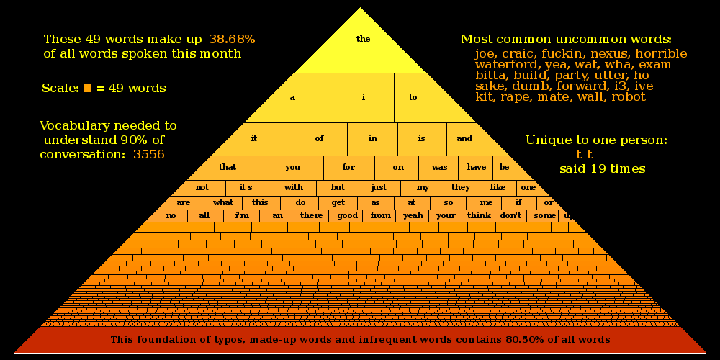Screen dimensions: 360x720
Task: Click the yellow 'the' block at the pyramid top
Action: [362, 40]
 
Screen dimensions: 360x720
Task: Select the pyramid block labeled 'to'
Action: [413, 97]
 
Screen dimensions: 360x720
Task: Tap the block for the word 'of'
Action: [320, 138]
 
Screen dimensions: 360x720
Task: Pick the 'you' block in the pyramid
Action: [292, 167]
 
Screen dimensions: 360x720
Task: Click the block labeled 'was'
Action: [439, 167]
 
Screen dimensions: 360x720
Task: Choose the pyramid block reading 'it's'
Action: [246, 187]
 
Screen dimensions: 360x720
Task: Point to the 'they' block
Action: [461, 187]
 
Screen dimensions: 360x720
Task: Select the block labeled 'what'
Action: [223, 202]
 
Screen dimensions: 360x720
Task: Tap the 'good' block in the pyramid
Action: [348, 215]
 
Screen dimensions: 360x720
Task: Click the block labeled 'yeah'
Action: [413, 215]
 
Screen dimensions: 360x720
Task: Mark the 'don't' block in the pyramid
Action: [510, 215]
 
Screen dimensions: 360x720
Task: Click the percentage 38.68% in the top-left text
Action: [232, 39]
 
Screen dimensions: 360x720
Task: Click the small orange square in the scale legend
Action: [88, 89]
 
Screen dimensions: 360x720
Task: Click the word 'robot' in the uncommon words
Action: [629, 96]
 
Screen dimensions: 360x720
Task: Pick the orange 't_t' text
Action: [584, 154]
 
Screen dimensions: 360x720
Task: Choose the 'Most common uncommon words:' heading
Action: [566, 39]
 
